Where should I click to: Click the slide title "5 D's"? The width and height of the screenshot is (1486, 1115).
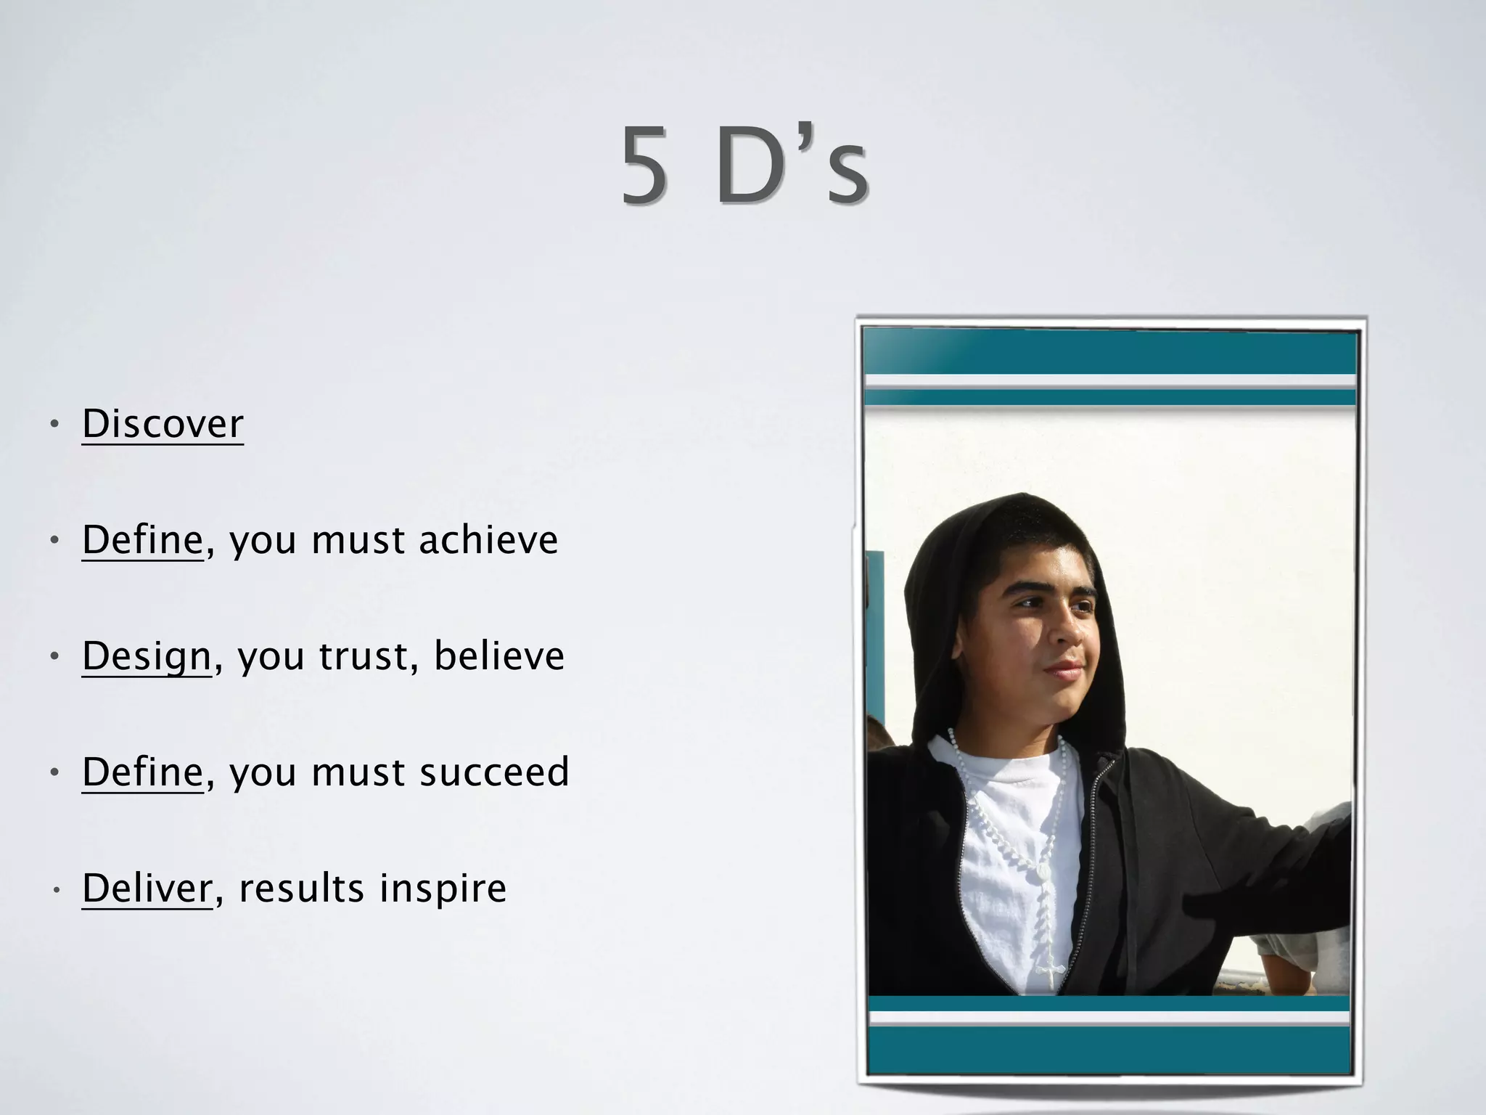744,165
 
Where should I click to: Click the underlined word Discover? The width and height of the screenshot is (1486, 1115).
163,424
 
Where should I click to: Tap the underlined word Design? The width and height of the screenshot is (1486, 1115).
147,656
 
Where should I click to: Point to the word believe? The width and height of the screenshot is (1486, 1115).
499,656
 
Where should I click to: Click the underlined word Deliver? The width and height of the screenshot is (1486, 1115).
147,889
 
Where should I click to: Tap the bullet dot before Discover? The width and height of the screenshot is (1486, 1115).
54,424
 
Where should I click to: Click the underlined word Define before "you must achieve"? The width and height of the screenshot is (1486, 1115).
142,540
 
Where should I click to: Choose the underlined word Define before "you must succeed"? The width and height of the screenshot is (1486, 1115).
142,772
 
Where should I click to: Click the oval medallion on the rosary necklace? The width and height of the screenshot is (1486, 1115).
1043,870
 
